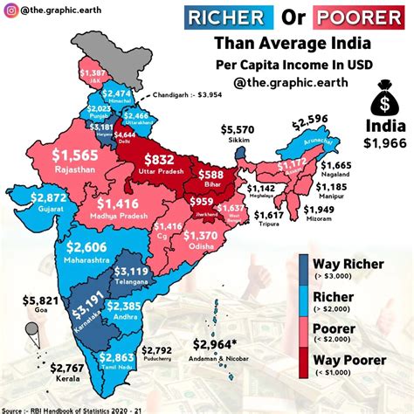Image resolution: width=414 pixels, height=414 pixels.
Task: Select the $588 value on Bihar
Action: (231, 175)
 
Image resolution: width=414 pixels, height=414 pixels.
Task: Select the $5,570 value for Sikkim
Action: (237, 128)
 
